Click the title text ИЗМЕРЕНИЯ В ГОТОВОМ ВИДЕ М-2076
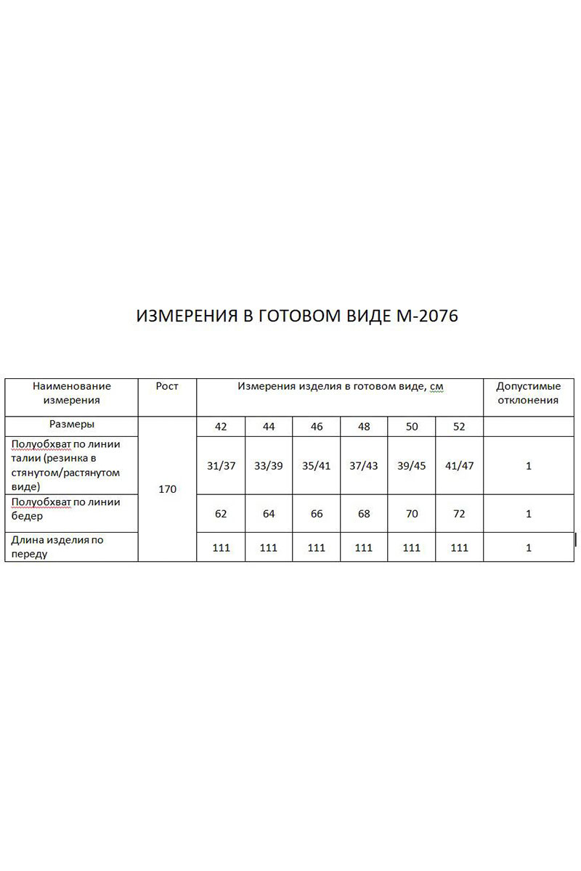click(297, 316)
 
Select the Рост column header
click(167, 387)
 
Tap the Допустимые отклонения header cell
click(528, 393)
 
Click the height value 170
click(167, 489)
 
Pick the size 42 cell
click(221, 427)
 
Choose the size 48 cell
click(364, 427)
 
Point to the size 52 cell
click(459, 427)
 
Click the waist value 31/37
click(221, 466)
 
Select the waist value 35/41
click(316, 466)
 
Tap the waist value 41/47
click(459, 466)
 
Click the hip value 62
click(221, 514)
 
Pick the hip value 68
click(364, 514)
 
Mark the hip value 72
click(459, 514)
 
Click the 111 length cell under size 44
click(269, 548)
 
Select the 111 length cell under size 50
click(412, 548)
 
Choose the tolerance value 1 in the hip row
click(528, 514)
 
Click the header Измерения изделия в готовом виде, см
click(340, 387)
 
